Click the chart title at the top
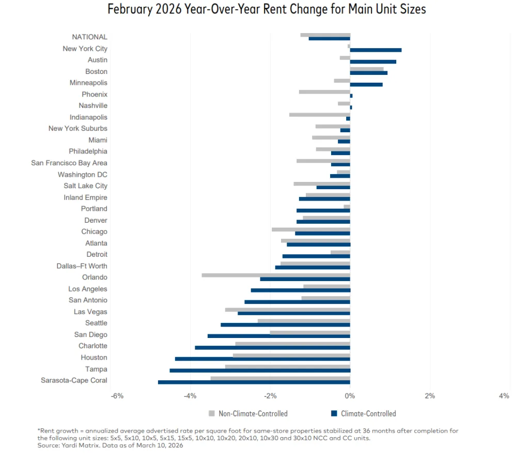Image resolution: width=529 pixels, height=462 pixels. point(267,9)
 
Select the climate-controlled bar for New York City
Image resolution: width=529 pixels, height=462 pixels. point(376,50)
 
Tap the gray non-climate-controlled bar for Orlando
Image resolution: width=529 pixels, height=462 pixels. point(276,275)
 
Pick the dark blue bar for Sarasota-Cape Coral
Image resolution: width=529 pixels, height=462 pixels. point(254,382)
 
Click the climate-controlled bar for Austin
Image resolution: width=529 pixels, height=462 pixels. point(373,61)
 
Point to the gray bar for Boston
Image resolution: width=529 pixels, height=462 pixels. point(367,69)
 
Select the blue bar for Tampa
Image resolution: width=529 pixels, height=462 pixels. point(260,371)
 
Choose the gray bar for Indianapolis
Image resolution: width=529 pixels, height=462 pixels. point(320,115)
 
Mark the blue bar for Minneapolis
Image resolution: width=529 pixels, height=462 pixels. point(366,84)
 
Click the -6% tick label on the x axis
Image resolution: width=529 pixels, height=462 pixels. point(117,396)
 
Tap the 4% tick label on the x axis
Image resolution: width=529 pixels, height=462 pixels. point(504,396)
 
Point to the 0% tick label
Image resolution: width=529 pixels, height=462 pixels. point(350,396)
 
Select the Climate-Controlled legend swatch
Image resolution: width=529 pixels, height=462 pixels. point(334,413)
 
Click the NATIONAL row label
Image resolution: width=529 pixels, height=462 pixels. point(89,37)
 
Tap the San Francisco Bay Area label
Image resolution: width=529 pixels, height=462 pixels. point(69,163)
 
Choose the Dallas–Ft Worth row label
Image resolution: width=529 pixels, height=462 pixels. point(82,266)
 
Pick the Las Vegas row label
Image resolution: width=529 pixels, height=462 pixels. point(90,312)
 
